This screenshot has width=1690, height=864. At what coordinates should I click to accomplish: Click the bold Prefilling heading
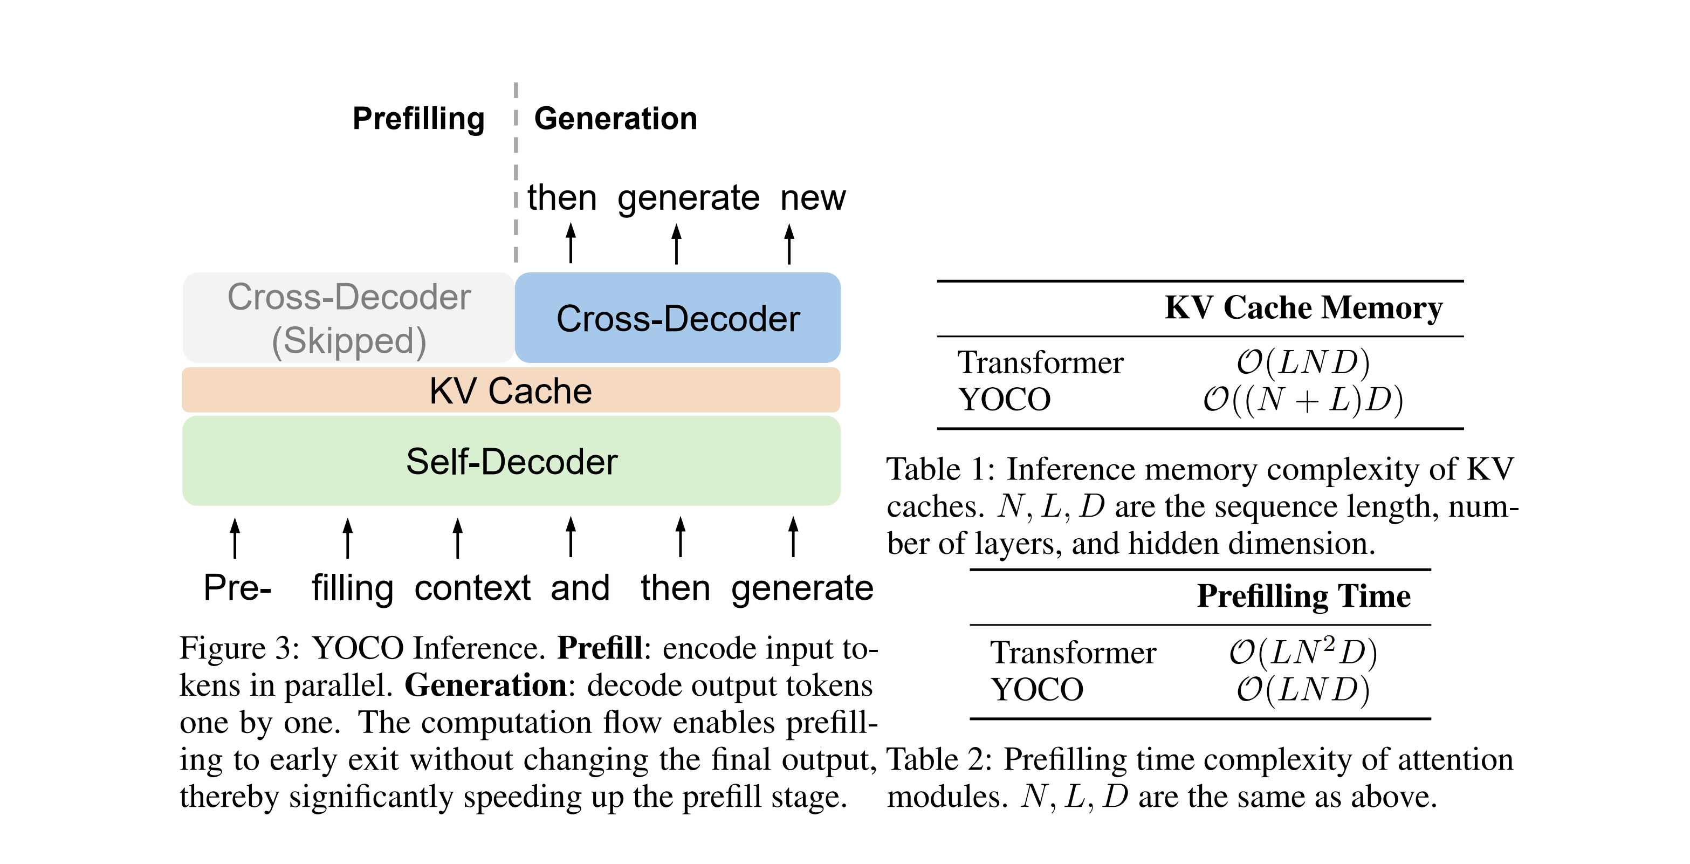418,119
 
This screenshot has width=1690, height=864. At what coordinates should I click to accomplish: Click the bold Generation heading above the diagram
615,119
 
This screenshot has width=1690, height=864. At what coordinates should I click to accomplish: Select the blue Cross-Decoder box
678,318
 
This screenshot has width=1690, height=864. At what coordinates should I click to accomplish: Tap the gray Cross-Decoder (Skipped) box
348,318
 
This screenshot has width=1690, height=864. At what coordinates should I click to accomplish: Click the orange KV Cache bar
511,390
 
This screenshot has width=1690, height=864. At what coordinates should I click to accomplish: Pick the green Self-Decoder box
511,461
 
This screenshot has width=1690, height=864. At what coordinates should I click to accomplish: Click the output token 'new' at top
813,198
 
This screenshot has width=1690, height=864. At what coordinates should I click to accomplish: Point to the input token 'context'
472,588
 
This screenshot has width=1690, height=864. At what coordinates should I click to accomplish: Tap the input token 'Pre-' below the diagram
237,588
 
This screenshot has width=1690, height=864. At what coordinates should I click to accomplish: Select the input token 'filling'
352,588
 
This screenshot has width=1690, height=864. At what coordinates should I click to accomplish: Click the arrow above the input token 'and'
571,537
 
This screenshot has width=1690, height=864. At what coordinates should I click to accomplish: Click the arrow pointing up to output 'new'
789,244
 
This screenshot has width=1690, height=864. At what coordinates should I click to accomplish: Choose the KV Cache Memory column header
1303,307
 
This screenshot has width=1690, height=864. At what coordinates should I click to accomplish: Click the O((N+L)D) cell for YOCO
1303,400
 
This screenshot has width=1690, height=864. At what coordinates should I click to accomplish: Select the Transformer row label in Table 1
1040,363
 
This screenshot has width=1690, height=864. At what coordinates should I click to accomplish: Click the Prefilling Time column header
1303,596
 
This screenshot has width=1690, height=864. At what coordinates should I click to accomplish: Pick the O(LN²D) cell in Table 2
1303,652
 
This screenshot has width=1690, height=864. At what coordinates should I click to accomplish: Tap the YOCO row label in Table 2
1036,689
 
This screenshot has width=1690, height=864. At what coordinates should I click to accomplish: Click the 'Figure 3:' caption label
239,649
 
